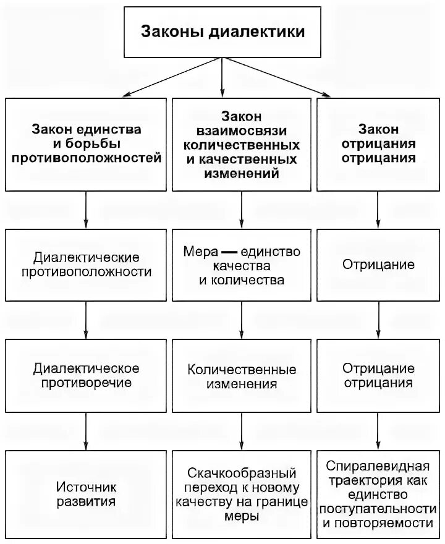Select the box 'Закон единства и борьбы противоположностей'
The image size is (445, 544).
(x=87, y=144)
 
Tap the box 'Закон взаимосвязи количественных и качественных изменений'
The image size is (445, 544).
(x=242, y=144)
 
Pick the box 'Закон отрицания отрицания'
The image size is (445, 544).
(x=378, y=144)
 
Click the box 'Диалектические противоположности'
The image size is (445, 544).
(x=87, y=265)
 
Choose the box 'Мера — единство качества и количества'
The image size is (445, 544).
(x=242, y=265)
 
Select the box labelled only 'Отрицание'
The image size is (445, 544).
(x=378, y=265)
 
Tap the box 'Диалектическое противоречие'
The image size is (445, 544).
(x=87, y=375)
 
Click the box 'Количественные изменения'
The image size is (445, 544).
(x=242, y=375)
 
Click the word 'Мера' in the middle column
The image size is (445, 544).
(x=198, y=252)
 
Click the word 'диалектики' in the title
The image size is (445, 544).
(x=258, y=32)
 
